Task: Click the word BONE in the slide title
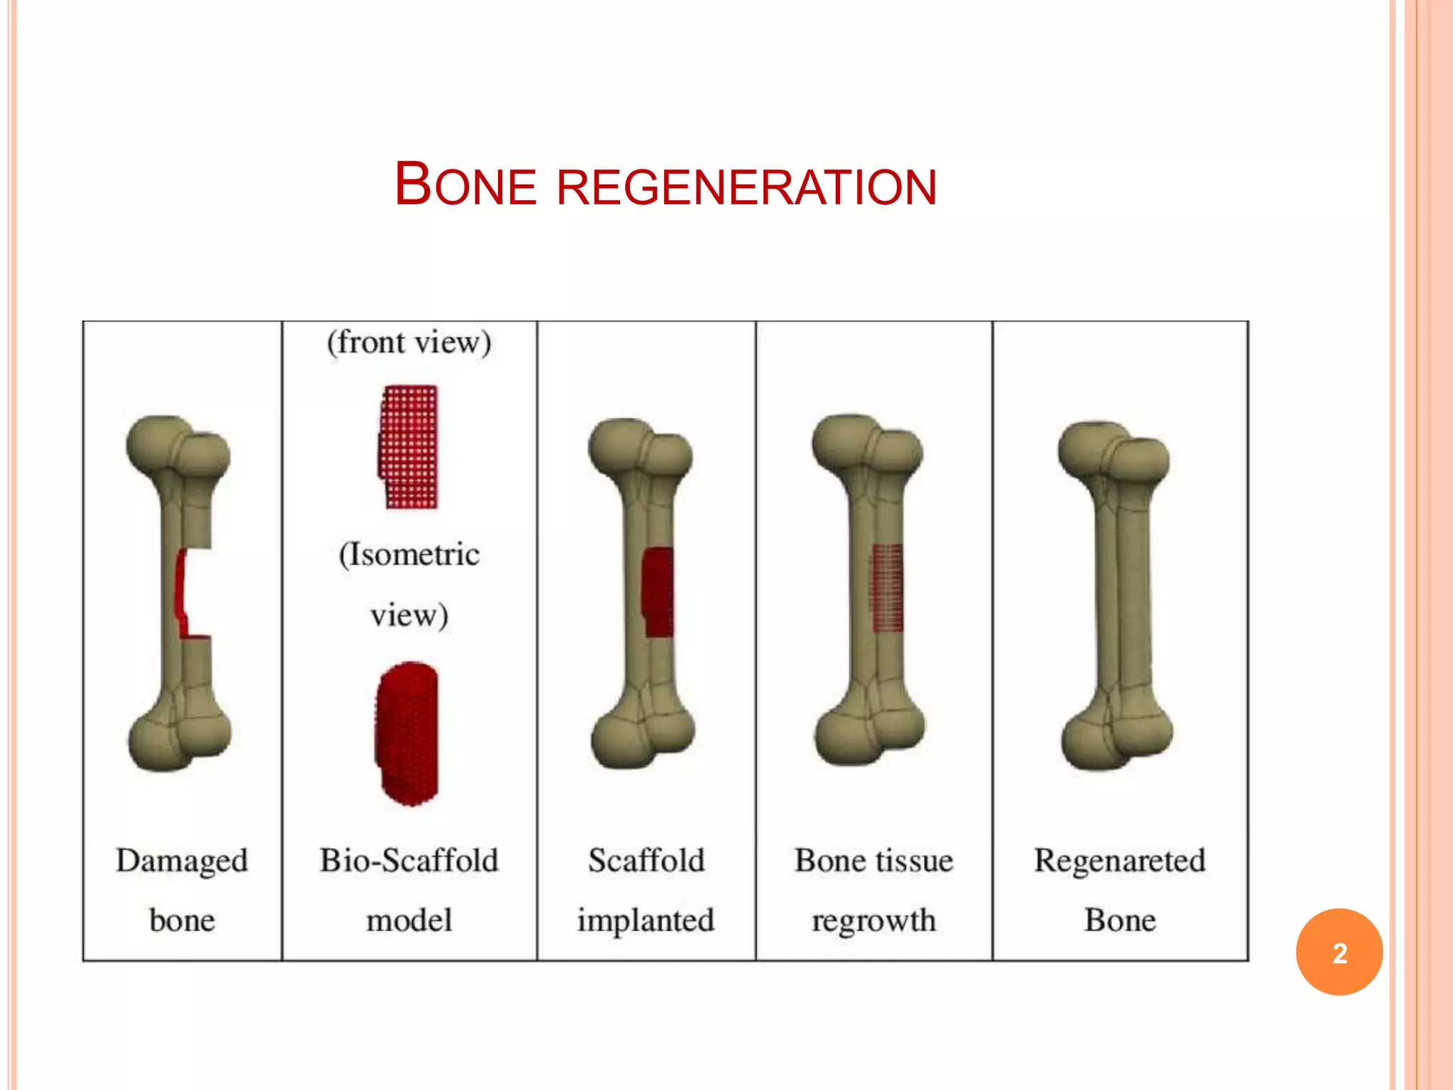pos(465,186)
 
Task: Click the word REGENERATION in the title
pos(746,187)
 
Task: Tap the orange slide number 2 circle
pos(1339,952)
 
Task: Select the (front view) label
pos(409,343)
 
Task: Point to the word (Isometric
pos(409,554)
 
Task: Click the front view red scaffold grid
pos(408,447)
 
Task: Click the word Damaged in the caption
pos(182,861)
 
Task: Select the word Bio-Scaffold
pos(409,861)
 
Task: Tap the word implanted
pos(645,920)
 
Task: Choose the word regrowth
pos(873,920)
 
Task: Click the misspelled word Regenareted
pos(1120,861)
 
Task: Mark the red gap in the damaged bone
pos(182,593)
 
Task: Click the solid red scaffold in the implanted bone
pos(658,591)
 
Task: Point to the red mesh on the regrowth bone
pos(887,588)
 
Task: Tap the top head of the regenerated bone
pos(1112,454)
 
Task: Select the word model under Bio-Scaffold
pos(409,920)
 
